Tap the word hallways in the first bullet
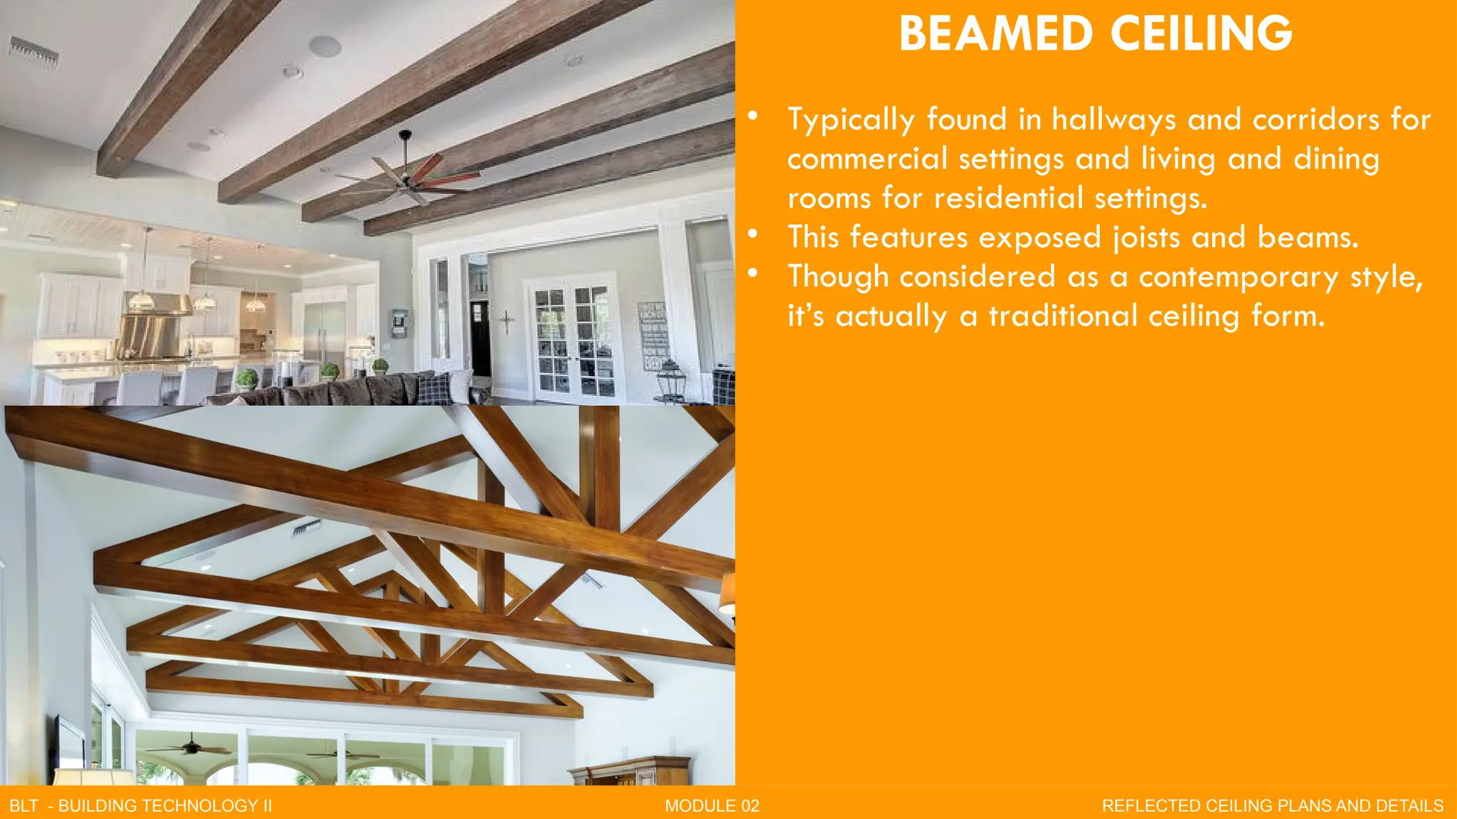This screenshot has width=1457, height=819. [x=1113, y=119]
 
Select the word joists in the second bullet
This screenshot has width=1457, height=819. [x=1146, y=237]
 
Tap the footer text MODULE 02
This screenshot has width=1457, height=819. [x=712, y=805]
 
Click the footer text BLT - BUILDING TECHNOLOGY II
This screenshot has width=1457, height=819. [x=141, y=805]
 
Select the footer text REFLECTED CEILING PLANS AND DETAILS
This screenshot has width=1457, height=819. [x=1273, y=805]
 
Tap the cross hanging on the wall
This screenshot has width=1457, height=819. [x=507, y=322]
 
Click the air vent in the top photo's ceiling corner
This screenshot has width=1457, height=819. [x=33, y=53]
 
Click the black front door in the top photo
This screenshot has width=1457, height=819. [x=480, y=338]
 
